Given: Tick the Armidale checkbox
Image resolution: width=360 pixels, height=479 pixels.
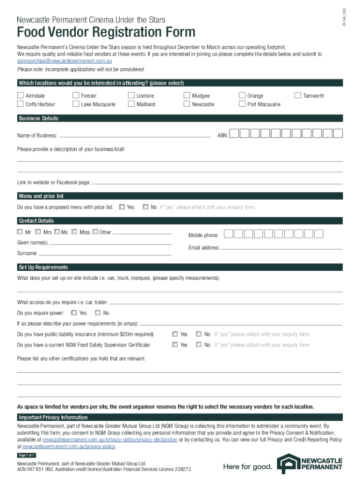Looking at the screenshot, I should pos(20,95).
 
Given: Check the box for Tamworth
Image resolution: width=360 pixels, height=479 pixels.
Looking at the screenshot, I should pos(297,95).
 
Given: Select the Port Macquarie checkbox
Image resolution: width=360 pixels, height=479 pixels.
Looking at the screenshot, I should pos(242,104).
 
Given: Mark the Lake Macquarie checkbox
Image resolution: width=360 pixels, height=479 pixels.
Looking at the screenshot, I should pos(76,104).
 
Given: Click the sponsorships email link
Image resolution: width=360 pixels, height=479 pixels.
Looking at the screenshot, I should pos(65,61).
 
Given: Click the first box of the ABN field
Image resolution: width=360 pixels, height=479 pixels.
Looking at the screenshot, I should pos(235,134).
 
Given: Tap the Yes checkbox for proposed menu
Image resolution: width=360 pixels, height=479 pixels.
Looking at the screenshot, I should pos(122,207).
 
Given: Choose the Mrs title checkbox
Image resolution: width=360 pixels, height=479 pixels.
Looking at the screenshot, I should pos(38,232).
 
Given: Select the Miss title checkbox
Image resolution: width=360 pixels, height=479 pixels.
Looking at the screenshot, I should pos(74,232).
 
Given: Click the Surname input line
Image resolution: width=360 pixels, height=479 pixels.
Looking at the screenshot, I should pos(105,254).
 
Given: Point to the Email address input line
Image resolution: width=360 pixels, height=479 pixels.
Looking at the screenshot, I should pos(281,248).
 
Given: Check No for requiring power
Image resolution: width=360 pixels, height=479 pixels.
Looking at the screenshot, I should pos(98,312).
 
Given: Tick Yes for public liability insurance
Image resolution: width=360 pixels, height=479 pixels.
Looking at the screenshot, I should pos(175,334).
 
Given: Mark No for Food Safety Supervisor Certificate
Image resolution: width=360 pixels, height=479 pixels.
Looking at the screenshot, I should pos(199,345).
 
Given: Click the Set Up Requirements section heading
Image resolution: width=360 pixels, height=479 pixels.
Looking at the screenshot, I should pos(43,267).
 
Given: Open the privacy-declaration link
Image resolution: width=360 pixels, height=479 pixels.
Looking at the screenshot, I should pos(109,440).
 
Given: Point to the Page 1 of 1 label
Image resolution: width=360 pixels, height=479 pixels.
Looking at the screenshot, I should pos(27,455).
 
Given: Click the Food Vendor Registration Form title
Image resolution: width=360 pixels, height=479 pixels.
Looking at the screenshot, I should pos(106,33).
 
